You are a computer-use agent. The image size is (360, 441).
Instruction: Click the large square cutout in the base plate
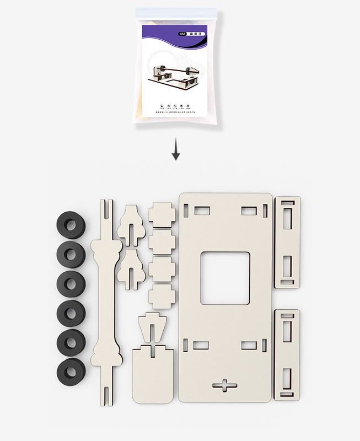pyautogui.click(x=225, y=278)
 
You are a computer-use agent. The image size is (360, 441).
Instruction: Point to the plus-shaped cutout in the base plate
pyautogui.click(x=225, y=385)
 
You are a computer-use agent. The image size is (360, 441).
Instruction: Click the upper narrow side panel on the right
pyautogui.click(x=287, y=243)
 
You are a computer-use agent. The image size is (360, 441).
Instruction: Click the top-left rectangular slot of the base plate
pyautogui.click(x=200, y=211)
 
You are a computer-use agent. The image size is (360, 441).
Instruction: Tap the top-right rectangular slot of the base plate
pyautogui.click(x=249, y=211)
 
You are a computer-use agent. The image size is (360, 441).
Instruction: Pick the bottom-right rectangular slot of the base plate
pyautogui.click(x=249, y=345)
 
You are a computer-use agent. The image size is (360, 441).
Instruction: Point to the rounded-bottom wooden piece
pyautogui.click(x=152, y=375)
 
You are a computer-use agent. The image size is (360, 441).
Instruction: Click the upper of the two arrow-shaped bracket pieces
pyautogui.click(x=132, y=223)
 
